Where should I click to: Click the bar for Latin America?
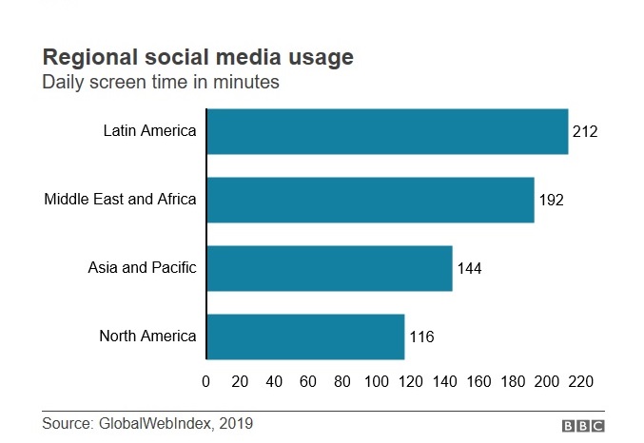click(387, 131)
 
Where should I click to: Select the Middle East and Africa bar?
click(370, 200)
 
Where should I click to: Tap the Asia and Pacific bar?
click(329, 268)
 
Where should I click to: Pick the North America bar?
click(305, 337)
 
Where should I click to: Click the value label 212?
click(585, 131)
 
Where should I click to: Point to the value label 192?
click(552, 201)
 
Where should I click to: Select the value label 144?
click(469, 269)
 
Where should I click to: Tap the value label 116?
click(421, 337)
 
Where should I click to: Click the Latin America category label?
click(149, 131)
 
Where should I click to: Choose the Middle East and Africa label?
click(120, 200)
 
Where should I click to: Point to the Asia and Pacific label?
click(142, 268)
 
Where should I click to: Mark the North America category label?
click(147, 337)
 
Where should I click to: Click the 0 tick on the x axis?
click(206, 381)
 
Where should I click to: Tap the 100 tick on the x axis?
click(377, 381)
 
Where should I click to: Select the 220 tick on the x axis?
click(581, 381)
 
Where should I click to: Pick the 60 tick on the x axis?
click(308, 381)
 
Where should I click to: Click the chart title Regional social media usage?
click(197, 57)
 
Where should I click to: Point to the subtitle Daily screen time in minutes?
click(160, 83)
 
